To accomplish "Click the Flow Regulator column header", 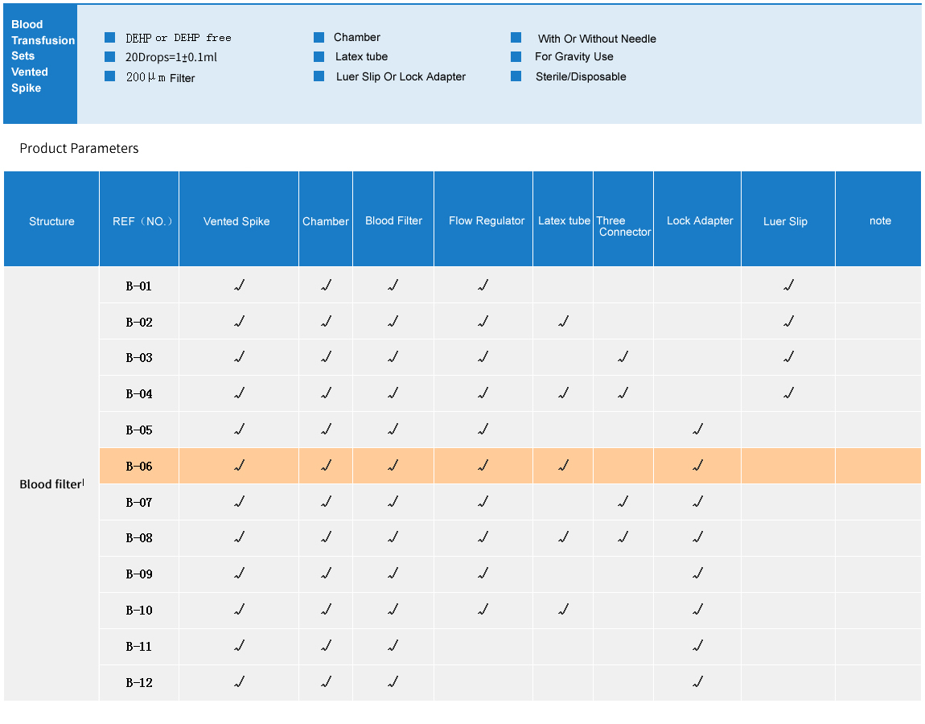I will (486, 221).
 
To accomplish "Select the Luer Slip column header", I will (785, 221).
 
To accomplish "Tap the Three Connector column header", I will (623, 226).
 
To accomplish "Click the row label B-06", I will (139, 467).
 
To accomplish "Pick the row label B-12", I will (139, 683).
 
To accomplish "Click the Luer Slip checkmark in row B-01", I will (788, 286).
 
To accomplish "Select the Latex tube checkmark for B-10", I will (563, 610).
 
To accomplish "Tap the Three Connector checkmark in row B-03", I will (623, 357).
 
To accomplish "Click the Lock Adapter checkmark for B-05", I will (697, 430).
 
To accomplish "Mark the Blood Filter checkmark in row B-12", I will (393, 682).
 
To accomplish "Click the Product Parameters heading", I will (79, 148).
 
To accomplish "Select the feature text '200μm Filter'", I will (160, 77).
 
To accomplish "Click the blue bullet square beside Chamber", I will (319, 38).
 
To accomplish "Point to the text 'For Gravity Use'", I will (573, 57).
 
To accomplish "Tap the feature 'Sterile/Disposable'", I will (580, 77).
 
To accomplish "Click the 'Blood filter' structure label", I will (51, 484).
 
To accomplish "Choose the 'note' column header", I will (880, 221).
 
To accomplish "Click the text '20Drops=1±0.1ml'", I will (171, 57).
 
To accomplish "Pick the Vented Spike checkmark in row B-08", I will (239, 537).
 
